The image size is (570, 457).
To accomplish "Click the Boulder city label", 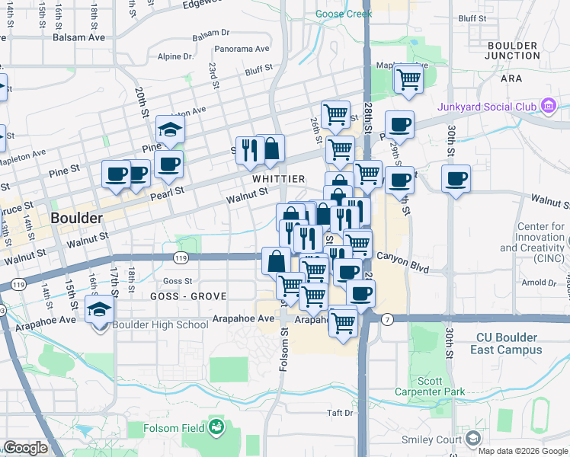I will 76,218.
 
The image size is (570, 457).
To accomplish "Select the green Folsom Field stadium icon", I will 216,427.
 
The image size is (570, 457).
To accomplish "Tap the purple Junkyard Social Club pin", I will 547,105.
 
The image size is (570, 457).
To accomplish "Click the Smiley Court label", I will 432,439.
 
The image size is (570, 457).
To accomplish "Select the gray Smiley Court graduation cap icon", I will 473,439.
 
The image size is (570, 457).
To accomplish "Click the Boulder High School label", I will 160,325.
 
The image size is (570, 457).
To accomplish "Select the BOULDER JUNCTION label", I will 512,50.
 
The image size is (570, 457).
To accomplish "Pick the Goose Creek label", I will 344,13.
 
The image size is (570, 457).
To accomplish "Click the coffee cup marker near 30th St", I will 456,179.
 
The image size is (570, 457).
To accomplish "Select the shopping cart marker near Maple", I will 408,78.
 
